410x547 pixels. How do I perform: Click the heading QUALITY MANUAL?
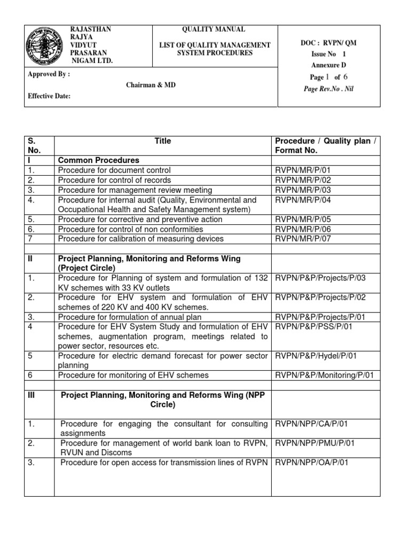(215, 30)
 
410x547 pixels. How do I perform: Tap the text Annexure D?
(325, 66)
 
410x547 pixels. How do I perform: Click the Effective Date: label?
(49, 97)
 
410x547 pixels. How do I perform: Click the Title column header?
(163, 142)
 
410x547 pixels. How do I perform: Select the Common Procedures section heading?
(98, 160)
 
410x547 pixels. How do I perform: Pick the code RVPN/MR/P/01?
(303, 170)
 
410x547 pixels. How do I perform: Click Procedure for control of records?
(115, 180)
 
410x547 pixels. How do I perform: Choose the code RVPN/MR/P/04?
(303, 200)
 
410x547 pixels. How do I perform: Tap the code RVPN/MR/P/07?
(303, 239)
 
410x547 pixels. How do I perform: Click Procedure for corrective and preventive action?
(140, 220)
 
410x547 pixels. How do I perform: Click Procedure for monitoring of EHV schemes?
(133, 376)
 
